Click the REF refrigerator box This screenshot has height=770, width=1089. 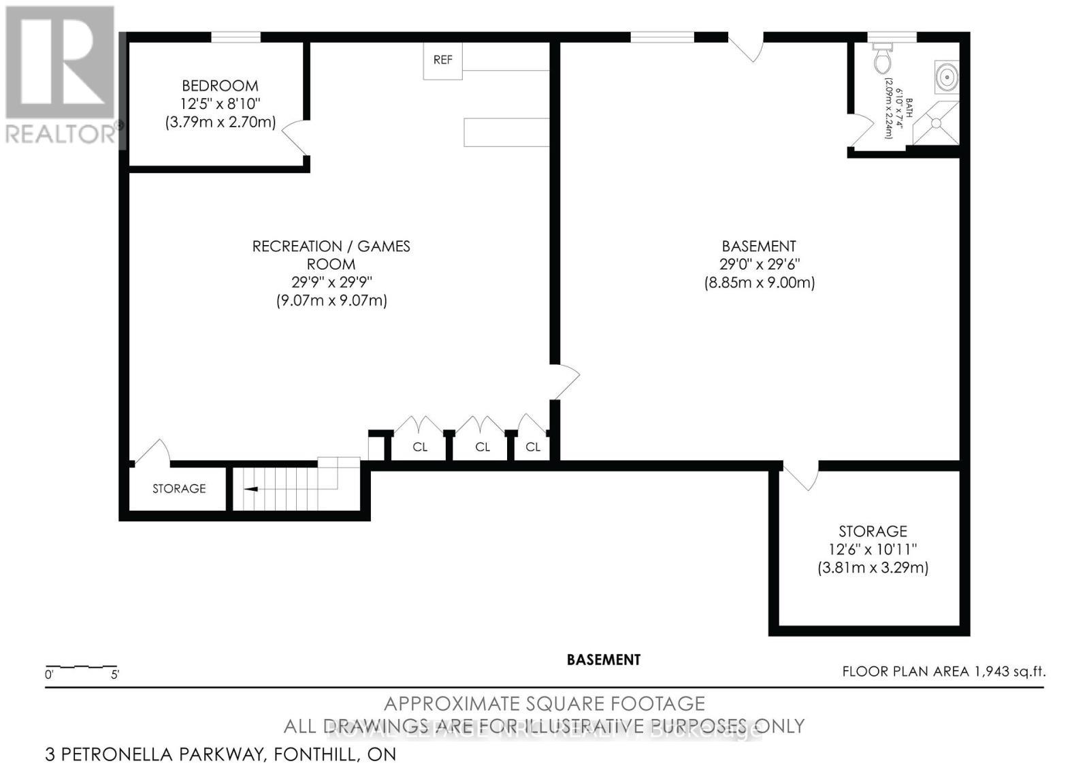pyautogui.click(x=442, y=60)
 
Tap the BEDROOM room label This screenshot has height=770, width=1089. pyautogui.click(x=220, y=86)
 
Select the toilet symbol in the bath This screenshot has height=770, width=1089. pyautogui.click(x=883, y=59)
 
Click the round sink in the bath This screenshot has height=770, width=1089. pyautogui.click(x=947, y=76)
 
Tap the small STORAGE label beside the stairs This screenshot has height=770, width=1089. pyautogui.click(x=179, y=489)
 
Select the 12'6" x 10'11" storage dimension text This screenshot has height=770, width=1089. pyautogui.click(x=873, y=549)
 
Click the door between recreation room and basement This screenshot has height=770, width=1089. pyautogui.click(x=565, y=381)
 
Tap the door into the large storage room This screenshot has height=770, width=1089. pyautogui.click(x=802, y=475)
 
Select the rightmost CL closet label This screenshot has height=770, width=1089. pyautogui.click(x=533, y=447)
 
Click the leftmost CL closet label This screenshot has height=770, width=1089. pyautogui.click(x=420, y=447)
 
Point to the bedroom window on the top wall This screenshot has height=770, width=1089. pyautogui.click(x=235, y=37)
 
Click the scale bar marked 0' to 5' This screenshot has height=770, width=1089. pyautogui.click(x=81, y=667)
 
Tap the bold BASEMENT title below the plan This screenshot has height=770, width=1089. pyautogui.click(x=603, y=660)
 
